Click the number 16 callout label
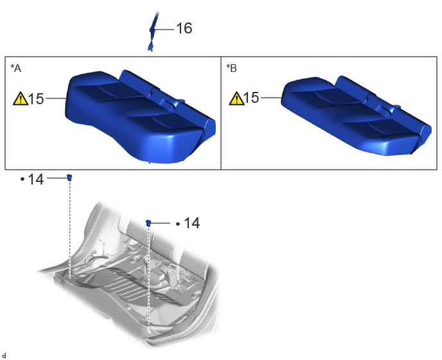pos(184,28)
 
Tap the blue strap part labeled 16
pos(152,31)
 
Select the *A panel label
pos(16,68)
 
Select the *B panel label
pos(231,68)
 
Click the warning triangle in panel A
pos(21,98)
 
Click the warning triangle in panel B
pos(237,98)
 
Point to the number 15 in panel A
pos(37,99)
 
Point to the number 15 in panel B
pos(251,98)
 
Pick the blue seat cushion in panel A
pos(141,116)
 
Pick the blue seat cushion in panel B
pos(357,115)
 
